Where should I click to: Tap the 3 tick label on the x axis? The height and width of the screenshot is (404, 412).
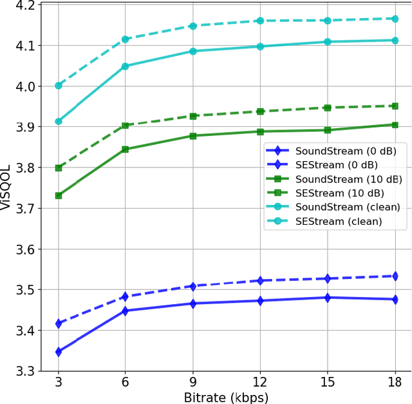pos(59,381)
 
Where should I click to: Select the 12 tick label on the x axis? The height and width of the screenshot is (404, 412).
pos(260,381)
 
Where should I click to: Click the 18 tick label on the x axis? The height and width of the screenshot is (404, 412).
pos(395,381)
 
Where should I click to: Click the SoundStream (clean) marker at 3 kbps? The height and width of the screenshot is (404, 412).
pos(59,121)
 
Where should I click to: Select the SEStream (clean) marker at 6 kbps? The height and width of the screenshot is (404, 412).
pos(126,39)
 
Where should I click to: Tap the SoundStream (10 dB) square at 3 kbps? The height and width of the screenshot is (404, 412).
pos(59,195)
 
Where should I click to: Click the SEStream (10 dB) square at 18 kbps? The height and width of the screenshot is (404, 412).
pos(395,106)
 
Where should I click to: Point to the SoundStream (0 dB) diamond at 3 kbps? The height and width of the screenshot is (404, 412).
pos(59,352)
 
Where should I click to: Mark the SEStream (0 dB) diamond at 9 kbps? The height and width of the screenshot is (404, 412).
pos(193,286)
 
